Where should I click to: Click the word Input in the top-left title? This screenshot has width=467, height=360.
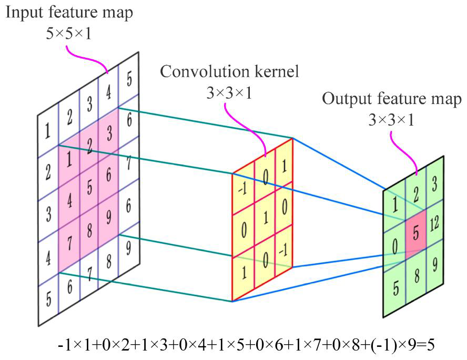pyautogui.click(x=20, y=12)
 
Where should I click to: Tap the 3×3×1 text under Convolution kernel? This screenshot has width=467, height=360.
pyautogui.click(x=230, y=94)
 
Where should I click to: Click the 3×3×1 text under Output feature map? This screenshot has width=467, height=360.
pyautogui.click(x=391, y=120)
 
